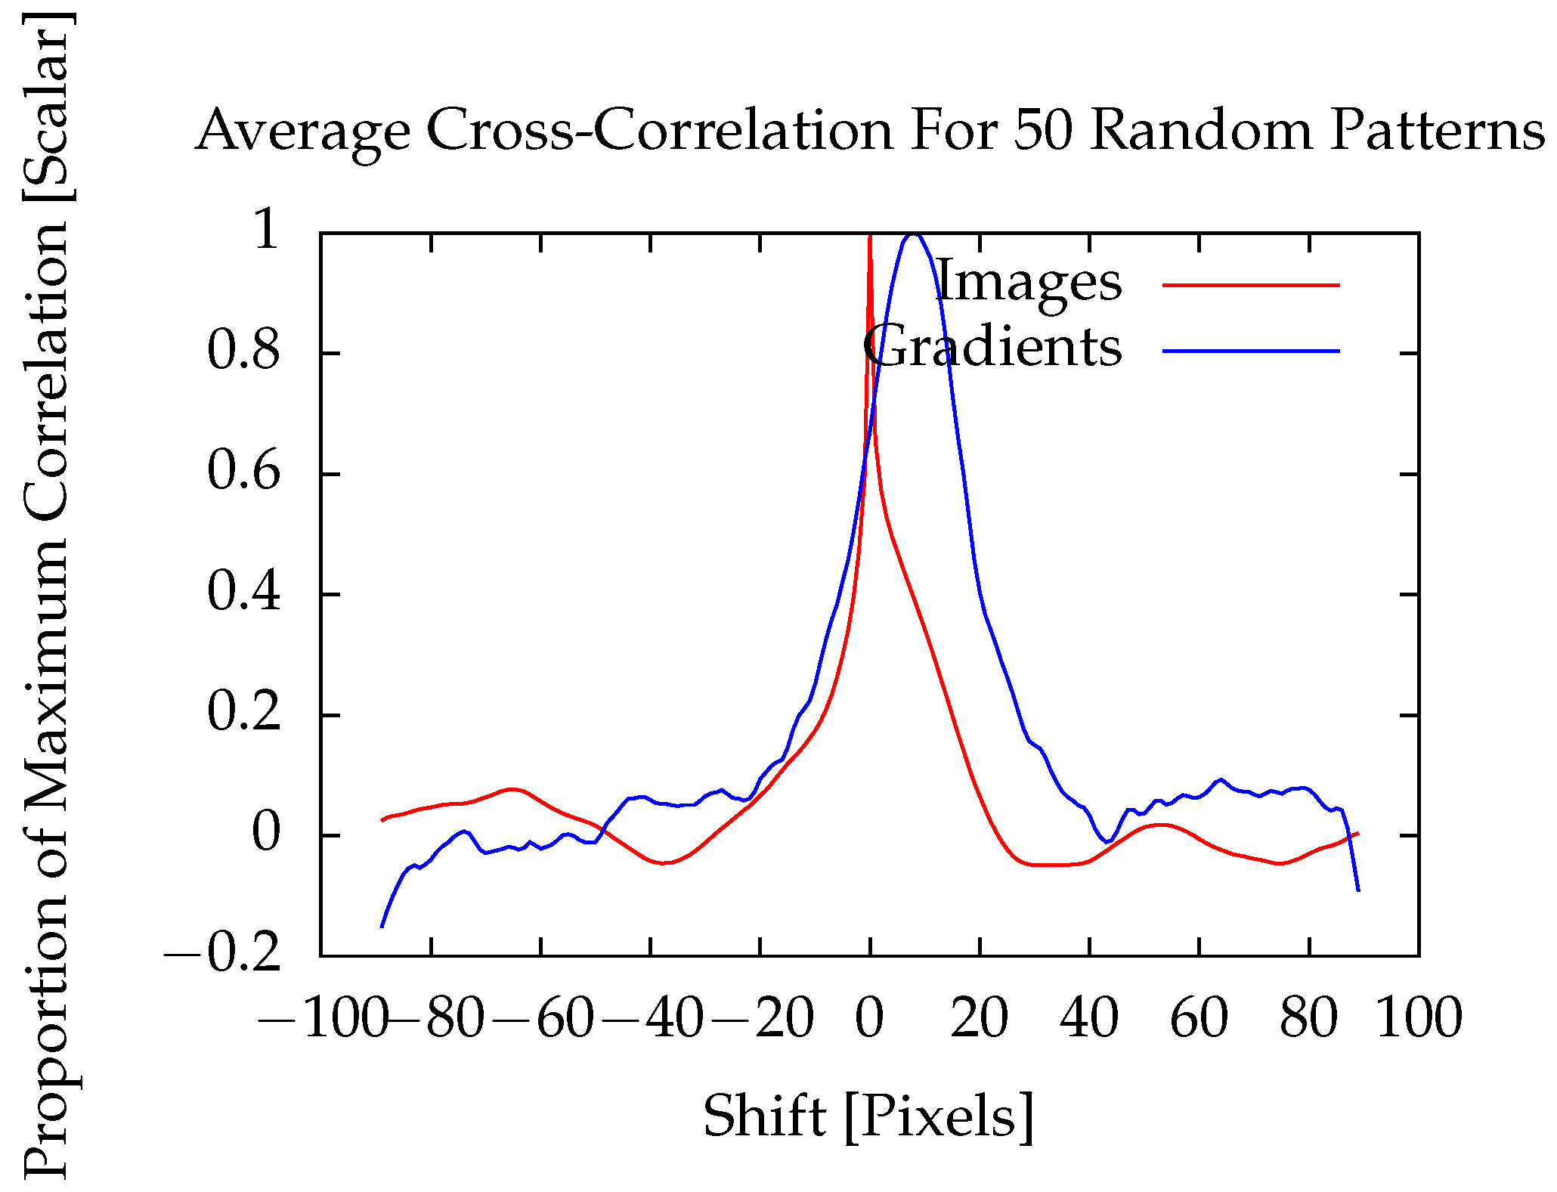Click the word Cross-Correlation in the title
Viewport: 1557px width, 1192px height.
coord(660,130)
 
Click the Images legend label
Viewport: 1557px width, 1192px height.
coord(1028,282)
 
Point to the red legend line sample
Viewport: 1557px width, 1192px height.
coord(1251,285)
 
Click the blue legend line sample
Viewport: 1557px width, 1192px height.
coord(1251,351)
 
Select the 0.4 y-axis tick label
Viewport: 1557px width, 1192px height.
coord(243,593)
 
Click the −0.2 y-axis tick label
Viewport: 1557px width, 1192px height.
coord(224,956)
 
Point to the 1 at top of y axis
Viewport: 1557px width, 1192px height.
coord(267,231)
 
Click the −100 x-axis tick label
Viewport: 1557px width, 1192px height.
coord(323,1018)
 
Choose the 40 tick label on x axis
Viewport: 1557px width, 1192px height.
coord(1088,1018)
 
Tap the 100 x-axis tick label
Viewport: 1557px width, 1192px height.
coord(1419,1018)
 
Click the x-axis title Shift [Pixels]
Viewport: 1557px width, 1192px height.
coord(868,1116)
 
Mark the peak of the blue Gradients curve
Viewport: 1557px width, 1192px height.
coord(914,234)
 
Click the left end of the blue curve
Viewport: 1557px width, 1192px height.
coord(382,926)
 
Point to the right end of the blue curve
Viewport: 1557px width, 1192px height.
coord(1358,890)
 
